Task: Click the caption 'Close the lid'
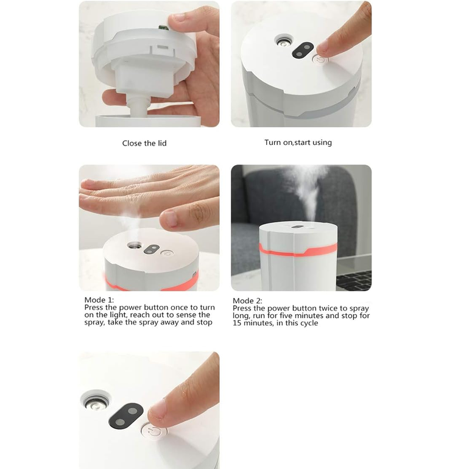[x=144, y=143]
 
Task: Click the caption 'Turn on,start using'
[x=298, y=143]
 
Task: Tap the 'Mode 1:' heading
[x=99, y=300]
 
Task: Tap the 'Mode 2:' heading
[x=247, y=301]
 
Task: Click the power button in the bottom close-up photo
[x=154, y=432]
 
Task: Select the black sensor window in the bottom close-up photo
[x=125, y=415]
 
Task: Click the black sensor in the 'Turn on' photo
[x=302, y=50]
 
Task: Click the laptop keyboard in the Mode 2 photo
[x=354, y=280]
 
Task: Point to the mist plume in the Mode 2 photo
[x=308, y=191]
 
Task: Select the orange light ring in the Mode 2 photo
[x=298, y=251]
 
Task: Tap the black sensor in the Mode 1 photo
[x=152, y=249]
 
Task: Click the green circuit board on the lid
[x=164, y=28]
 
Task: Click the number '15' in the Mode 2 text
[x=237, y=323]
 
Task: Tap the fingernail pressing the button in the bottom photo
[x=157, y=410]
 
